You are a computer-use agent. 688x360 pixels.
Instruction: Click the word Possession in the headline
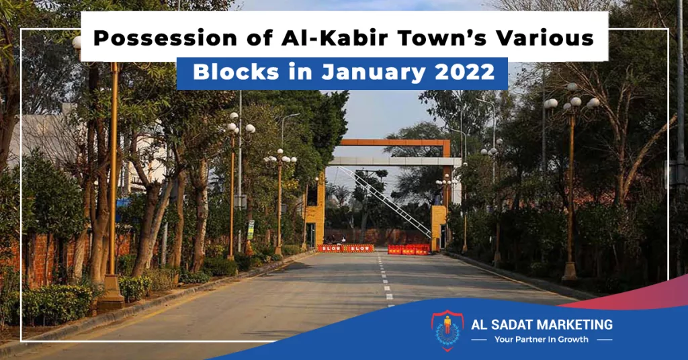click(x=165, y=38)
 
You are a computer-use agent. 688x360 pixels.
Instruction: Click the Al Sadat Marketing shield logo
click(x=447, y=330)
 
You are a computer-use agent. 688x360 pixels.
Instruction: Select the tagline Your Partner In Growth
click(x=541, y=339)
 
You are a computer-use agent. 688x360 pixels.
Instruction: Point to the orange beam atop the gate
click(x=395, y=142)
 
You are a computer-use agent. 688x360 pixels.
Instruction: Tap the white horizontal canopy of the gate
click(x=394, y=161)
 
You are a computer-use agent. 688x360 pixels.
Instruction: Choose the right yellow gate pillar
click(x=439, y=228)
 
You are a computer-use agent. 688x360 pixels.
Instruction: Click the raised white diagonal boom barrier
click(x=384, y=201)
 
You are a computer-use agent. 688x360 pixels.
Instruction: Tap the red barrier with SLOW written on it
click(x=345, y=249)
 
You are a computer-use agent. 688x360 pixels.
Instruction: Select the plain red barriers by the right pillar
click(x=409, y=249)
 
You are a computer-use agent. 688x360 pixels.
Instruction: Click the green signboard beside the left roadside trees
click(x=251, y=229)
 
